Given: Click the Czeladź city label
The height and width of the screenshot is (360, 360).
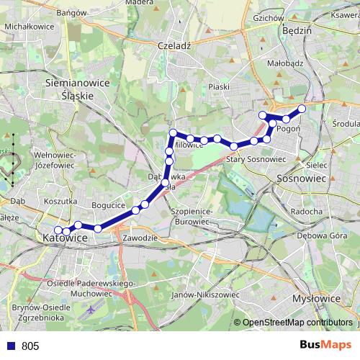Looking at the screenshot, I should coord(173,45).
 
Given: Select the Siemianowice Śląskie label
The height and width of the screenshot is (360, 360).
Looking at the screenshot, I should coord(77,89).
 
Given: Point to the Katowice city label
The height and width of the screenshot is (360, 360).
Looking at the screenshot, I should coord(65,238).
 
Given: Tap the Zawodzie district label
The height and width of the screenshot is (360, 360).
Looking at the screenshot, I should coord(140,238).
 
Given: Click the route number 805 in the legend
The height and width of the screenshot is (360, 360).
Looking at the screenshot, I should coord(30,346).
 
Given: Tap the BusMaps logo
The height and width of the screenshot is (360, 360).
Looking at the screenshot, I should coord(326,346).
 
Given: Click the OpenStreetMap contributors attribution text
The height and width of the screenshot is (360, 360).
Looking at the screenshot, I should coord(297,323).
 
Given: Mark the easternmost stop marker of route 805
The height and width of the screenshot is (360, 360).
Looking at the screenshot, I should coord(302,109).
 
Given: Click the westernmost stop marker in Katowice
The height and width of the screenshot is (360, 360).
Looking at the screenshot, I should coord(58,230).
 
